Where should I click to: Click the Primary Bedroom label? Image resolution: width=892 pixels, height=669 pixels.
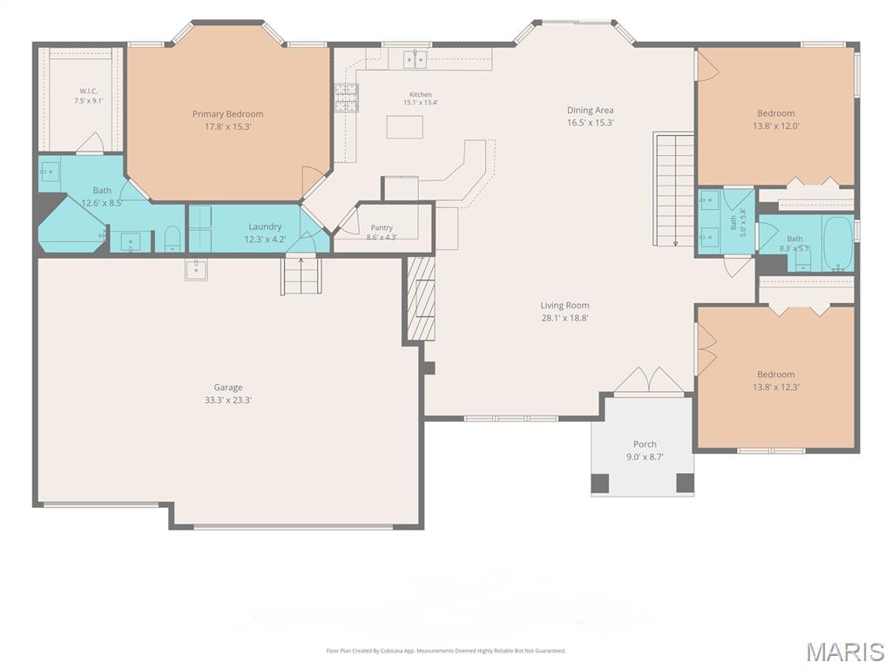coord(227,114)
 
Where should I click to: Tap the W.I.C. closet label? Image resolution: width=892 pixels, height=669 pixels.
coord(88,91)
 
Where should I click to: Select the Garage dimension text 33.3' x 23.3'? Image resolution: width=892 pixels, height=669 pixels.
coord(228,400)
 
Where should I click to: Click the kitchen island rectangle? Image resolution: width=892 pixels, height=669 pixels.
coord(404,127)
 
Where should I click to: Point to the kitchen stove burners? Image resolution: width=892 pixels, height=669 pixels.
coord(346,98)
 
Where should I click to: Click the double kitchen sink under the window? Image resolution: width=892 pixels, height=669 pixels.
coord(415,58)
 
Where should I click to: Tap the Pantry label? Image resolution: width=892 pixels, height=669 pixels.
coord(382,227)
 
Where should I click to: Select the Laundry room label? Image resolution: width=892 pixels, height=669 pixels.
coord(265,226)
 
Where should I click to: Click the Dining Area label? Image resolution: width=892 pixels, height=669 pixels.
coord(590,111)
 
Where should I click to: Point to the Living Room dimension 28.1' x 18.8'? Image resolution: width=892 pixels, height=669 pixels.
coord(564,318)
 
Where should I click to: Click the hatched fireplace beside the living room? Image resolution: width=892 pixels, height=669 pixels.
coord(422,298)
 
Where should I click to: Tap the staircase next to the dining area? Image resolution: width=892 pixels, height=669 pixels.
coord(675,189)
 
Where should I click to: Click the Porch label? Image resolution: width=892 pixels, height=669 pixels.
coord(645,444)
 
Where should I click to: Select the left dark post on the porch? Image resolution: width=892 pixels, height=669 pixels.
coord(599,483)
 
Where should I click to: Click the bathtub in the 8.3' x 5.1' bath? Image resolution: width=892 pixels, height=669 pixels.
coord(839,243)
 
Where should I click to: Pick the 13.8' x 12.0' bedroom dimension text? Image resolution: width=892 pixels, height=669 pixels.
coord(776,126)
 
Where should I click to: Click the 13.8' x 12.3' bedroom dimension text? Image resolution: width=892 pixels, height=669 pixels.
coord(776,387)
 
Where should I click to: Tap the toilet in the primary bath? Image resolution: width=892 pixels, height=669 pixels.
coord(172,240)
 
